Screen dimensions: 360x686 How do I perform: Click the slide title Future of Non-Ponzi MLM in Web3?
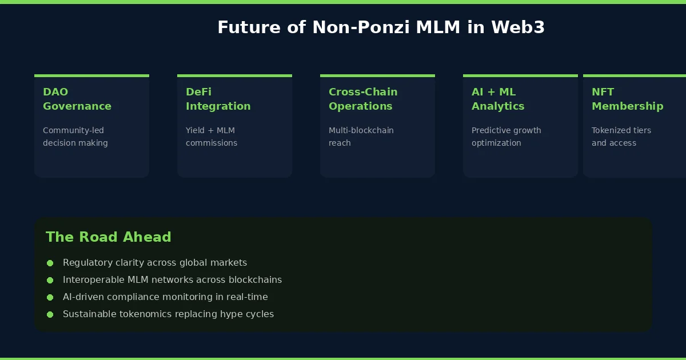point(381,27)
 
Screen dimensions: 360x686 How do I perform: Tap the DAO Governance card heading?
point(77,99)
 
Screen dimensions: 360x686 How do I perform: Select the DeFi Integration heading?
point(218,99)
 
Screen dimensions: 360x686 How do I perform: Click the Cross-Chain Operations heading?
point(362,99)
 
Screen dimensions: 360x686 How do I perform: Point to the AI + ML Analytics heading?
point(497,99)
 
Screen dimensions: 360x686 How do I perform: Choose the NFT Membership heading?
point(627,99)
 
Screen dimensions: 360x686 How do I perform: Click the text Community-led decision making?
point(75,137)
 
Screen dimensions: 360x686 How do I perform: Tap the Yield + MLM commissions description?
point(211,137)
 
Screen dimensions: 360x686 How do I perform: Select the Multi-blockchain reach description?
point(361,137)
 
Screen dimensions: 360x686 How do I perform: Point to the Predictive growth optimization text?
point(506,137)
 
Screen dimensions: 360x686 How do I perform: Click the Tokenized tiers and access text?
point(621,137)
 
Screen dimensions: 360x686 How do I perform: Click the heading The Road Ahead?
point(108,237)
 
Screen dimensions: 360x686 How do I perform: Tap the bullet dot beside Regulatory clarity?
point(50,263)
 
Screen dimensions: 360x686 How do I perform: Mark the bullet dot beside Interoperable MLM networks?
point(50,280)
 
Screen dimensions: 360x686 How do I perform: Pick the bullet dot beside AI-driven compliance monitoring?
point(50,297)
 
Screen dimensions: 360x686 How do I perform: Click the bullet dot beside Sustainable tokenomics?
point(50,314)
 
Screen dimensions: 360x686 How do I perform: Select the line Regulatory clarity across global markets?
point(154,263)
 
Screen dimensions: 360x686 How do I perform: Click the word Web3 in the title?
point(517,27)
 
